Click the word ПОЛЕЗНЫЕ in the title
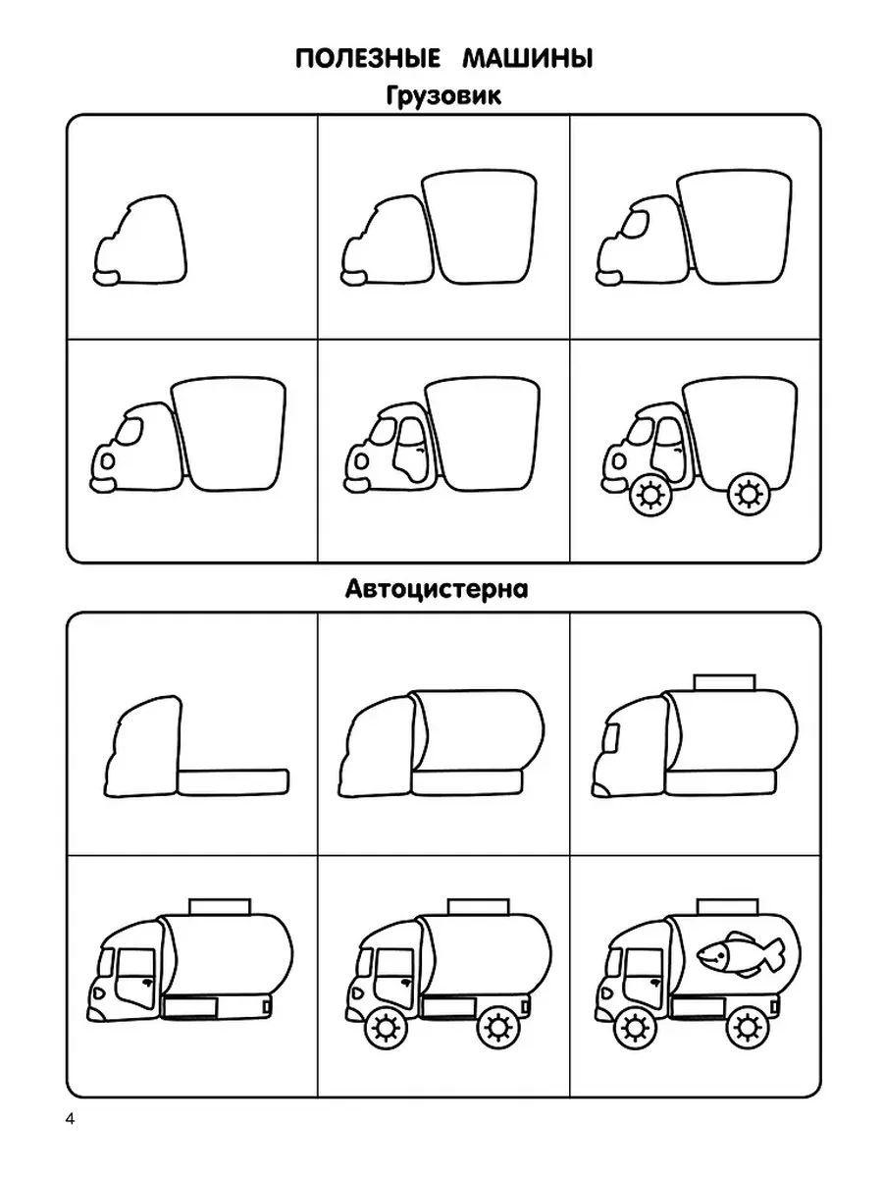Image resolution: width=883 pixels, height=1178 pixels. (x=367, y=59)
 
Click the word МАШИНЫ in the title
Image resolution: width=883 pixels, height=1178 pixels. (x=528, y=59)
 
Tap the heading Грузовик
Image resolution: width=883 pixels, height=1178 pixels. (x=443, y=96)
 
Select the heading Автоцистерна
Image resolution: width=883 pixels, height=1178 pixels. (x=437, y=589)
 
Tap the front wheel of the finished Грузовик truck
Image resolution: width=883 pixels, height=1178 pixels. (x=650, y=495)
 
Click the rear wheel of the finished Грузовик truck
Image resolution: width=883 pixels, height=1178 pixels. (x=749, y=493)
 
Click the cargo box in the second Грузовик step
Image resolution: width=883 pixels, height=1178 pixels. (x=480, y=228)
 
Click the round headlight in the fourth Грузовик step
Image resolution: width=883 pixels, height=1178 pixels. (x=108, y=461)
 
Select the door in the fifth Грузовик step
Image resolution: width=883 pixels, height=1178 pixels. (x=411, y=450)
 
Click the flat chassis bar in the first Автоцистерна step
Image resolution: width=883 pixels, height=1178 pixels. (x=234, y=782)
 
